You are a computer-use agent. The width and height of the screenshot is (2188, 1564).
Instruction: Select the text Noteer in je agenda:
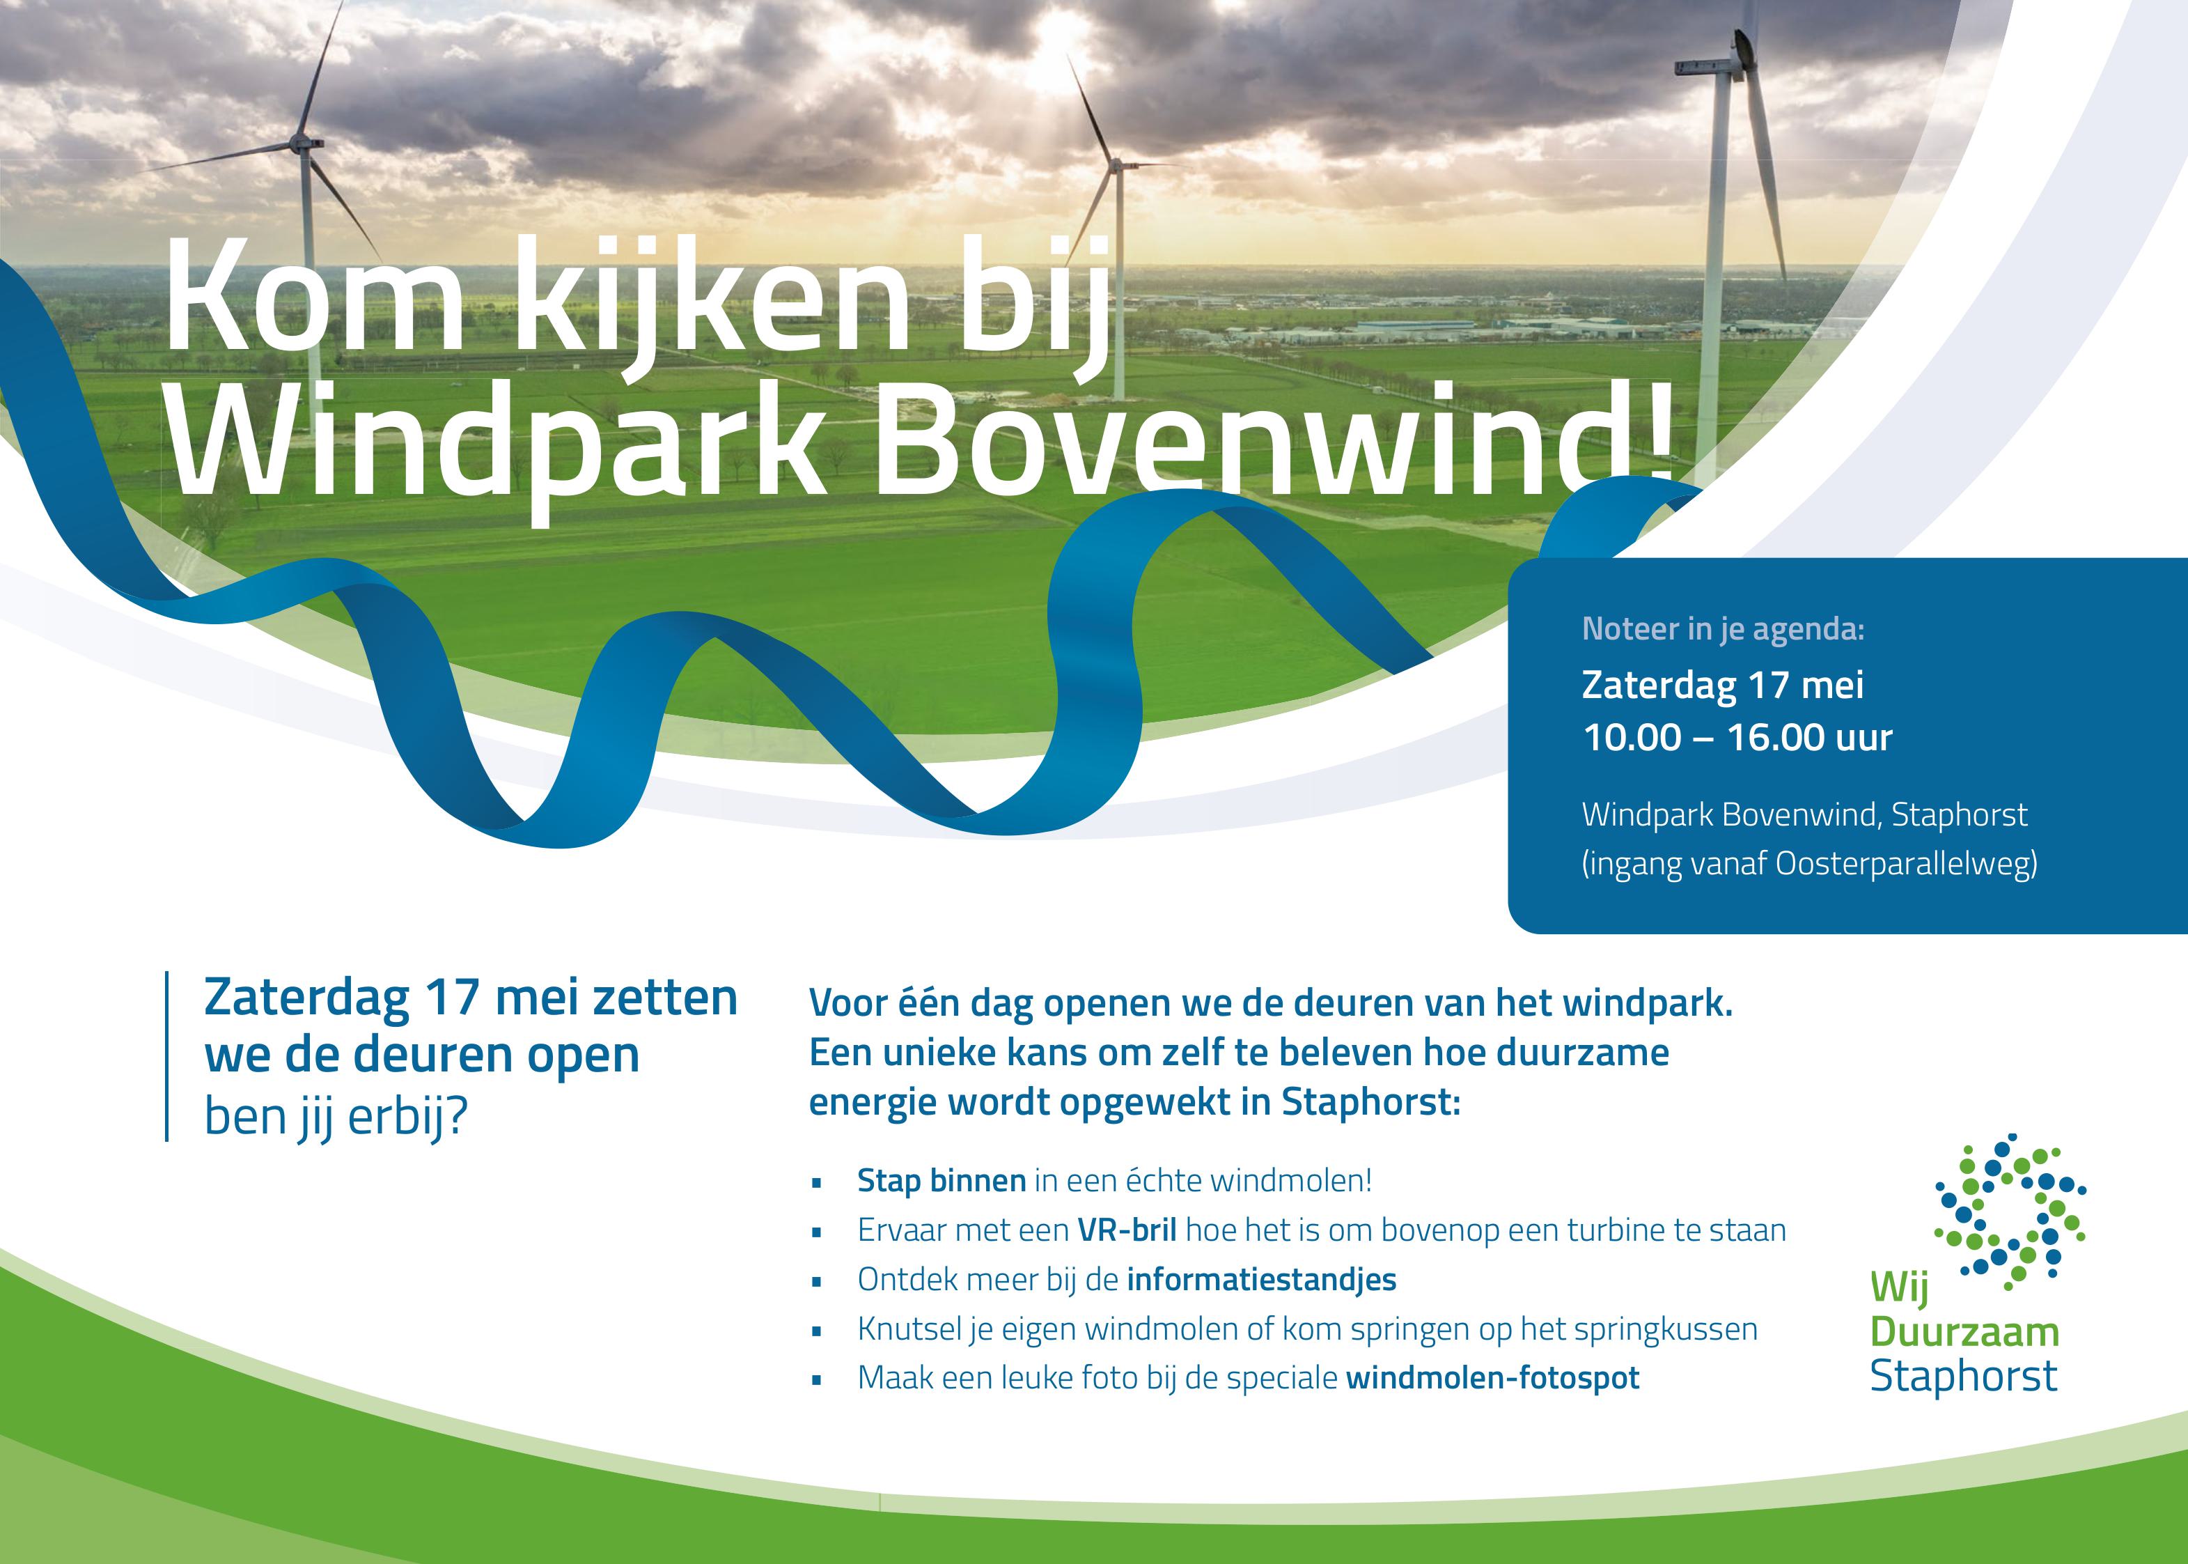click(x=1723, y=629)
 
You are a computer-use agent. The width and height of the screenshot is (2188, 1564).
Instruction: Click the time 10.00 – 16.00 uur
click(x=1737, y=738)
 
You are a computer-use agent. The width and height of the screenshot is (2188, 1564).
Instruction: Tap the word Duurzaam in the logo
click(x=1964, y=1332)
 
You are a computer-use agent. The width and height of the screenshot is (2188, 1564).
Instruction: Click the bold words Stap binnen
click(x=941, y=1181)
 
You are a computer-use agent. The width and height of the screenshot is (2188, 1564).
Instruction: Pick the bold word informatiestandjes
click(x=1261, y=1279)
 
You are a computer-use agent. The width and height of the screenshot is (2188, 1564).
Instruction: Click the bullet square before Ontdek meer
click(x=818, y=1282)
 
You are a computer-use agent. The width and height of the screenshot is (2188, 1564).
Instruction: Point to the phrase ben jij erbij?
click(x=336, y=1117)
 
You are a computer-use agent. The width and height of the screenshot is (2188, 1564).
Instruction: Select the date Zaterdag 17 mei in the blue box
click(x=1723, y=686)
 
